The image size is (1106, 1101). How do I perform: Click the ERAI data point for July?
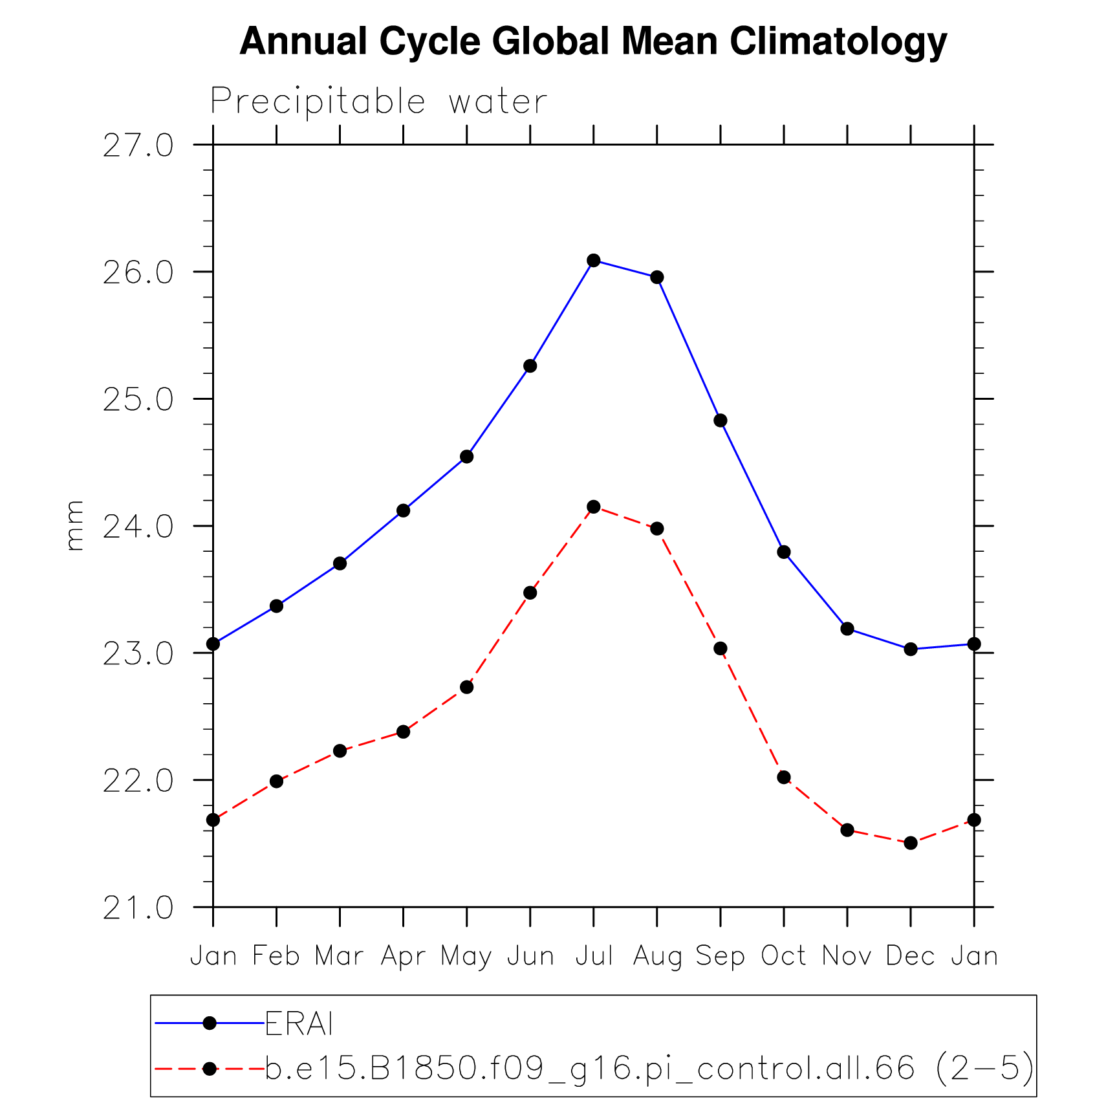pos(594,261)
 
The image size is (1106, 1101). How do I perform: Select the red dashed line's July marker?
pos(594,507)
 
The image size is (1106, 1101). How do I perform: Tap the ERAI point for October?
pos(784,552)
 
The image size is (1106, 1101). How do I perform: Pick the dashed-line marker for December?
pos(911,843)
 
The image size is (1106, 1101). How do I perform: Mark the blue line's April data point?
pos(404,510)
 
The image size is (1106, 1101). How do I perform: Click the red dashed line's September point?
pos(721,649)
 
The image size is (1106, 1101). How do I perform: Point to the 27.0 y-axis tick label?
pos(138,146)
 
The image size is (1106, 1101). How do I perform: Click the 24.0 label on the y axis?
pos(138,527)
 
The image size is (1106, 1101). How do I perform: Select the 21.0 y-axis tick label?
pos(138,908)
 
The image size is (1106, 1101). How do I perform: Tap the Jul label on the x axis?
pos(594,956)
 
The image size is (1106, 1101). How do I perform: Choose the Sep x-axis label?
pos(721,956)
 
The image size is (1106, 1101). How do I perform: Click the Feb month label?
pos(276,956)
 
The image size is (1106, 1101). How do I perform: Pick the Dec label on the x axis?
pos(911,956)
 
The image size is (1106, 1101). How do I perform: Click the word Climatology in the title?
pos(838,42)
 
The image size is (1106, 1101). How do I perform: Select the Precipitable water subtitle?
pos(379,102)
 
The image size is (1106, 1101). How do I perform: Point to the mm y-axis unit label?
pos(75,525)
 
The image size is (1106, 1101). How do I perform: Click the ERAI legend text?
pos(299,1023)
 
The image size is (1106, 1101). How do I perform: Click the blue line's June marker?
pos(530,366)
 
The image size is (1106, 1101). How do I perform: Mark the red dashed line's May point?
pos(467,687)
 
